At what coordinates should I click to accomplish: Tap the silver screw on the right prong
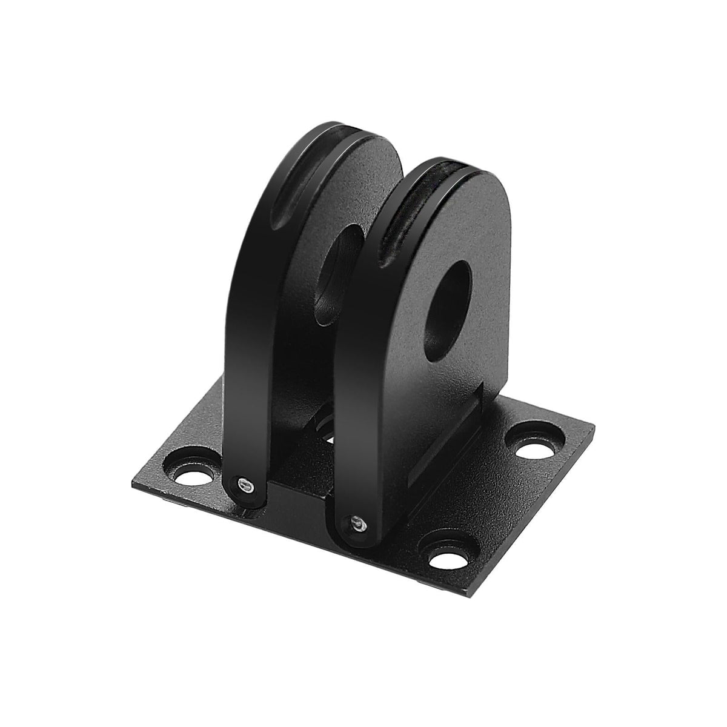point(356,522)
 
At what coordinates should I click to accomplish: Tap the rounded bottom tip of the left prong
point(247,497)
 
